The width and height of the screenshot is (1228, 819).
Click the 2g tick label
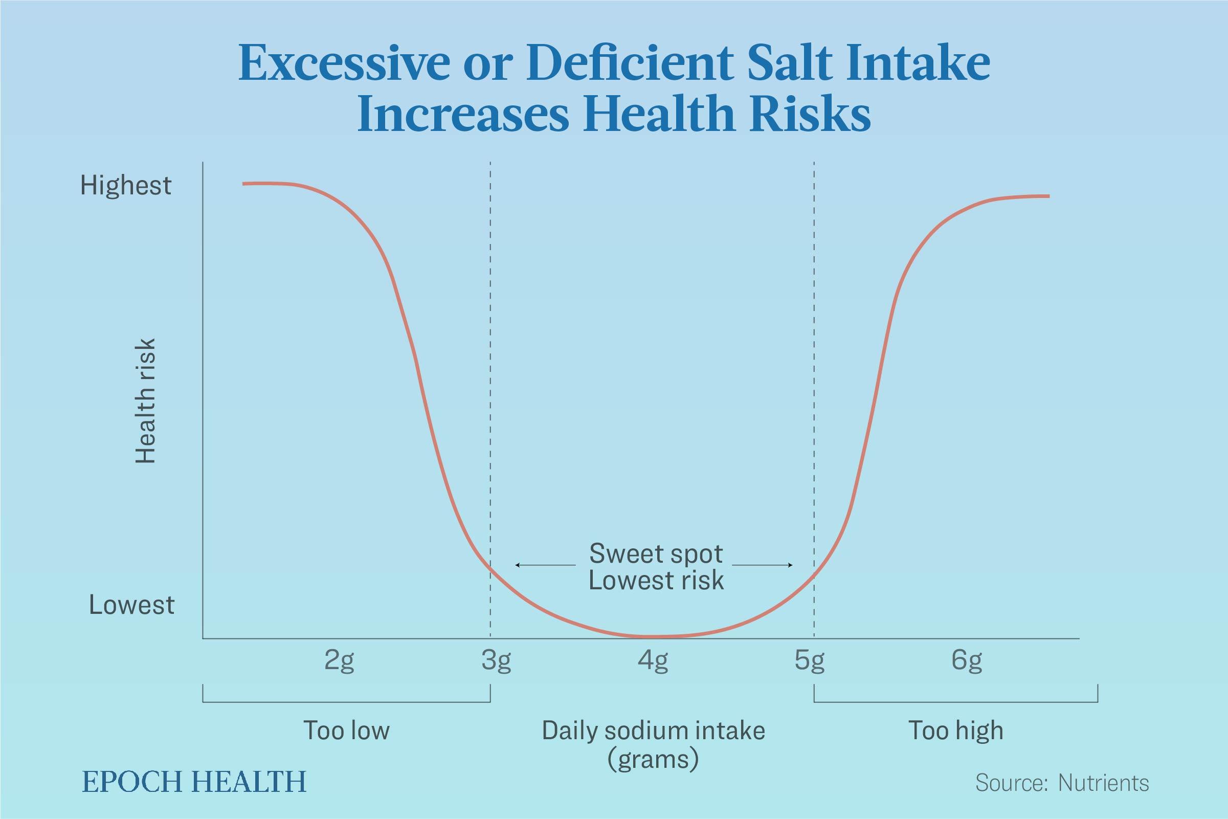tap(339, 661)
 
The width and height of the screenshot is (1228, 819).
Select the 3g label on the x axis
tap(496, 661)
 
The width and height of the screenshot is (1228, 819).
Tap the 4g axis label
tap(653, 661)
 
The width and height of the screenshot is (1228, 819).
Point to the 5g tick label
tap(809, 661)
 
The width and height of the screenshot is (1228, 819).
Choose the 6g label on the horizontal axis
tap(967, 661)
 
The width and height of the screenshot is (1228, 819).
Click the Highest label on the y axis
tap(125, 185)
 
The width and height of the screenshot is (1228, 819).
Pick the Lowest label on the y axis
tap(131, 605)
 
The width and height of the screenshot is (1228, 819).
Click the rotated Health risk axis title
tap(145, 401)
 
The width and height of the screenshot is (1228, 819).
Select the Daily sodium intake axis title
tap(653, 730)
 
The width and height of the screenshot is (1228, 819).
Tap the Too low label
tap(346, 730)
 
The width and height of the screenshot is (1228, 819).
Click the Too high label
tap(955, 730)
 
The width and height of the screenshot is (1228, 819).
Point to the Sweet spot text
tap(656, 554)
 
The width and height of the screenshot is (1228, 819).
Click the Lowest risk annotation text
tap(656, 580)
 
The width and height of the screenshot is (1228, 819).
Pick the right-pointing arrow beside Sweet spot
tap(763, 565)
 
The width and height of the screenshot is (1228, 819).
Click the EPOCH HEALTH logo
tap(194, 782)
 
